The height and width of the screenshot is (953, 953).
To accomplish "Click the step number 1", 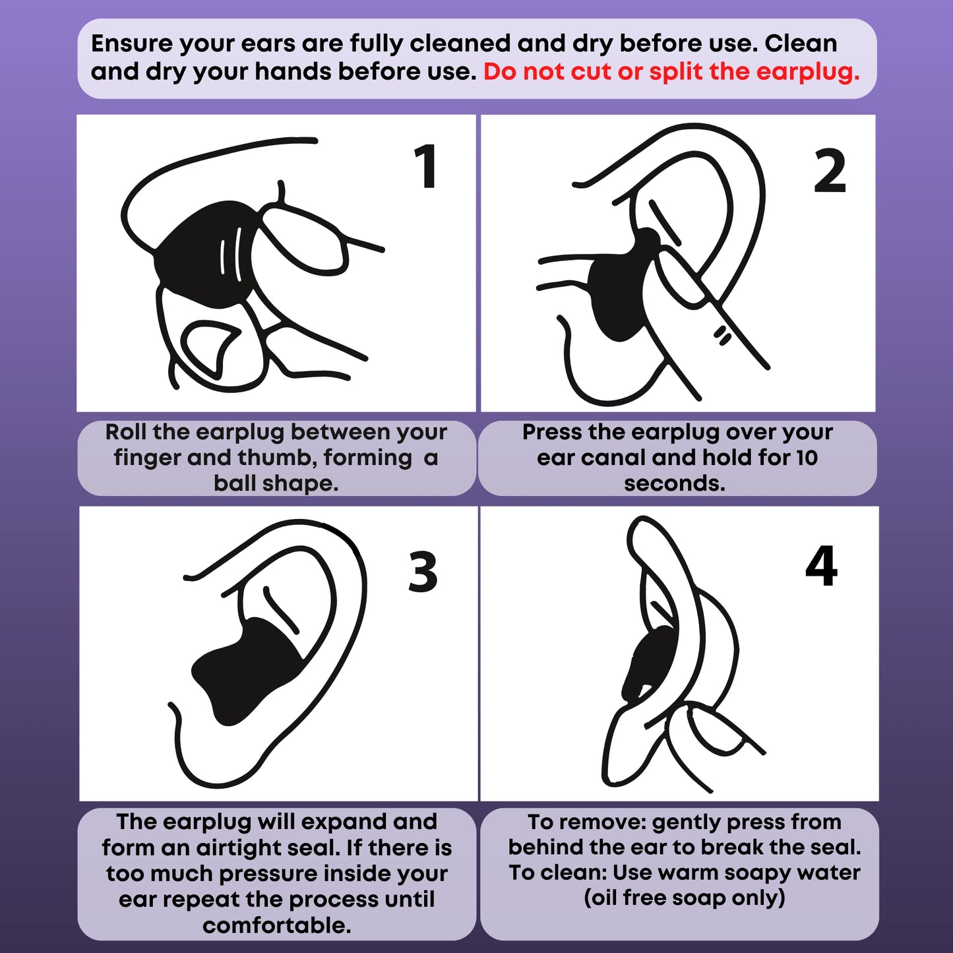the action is (426, 166).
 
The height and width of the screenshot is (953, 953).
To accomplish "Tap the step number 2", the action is (830, 171).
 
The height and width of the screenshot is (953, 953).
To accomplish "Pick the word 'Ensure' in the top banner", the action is (132, 44).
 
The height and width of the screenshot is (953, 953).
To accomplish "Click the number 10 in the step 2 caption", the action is (807, 458).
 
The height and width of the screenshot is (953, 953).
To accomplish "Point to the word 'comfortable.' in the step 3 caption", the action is (277, 925).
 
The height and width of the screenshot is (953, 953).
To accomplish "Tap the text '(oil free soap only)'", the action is (685, 898).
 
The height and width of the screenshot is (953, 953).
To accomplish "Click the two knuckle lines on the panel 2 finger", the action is (723, 335).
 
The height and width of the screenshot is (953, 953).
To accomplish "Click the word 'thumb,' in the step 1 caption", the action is (278, 458).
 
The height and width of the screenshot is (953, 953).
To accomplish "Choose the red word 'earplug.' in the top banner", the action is (808, 72).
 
